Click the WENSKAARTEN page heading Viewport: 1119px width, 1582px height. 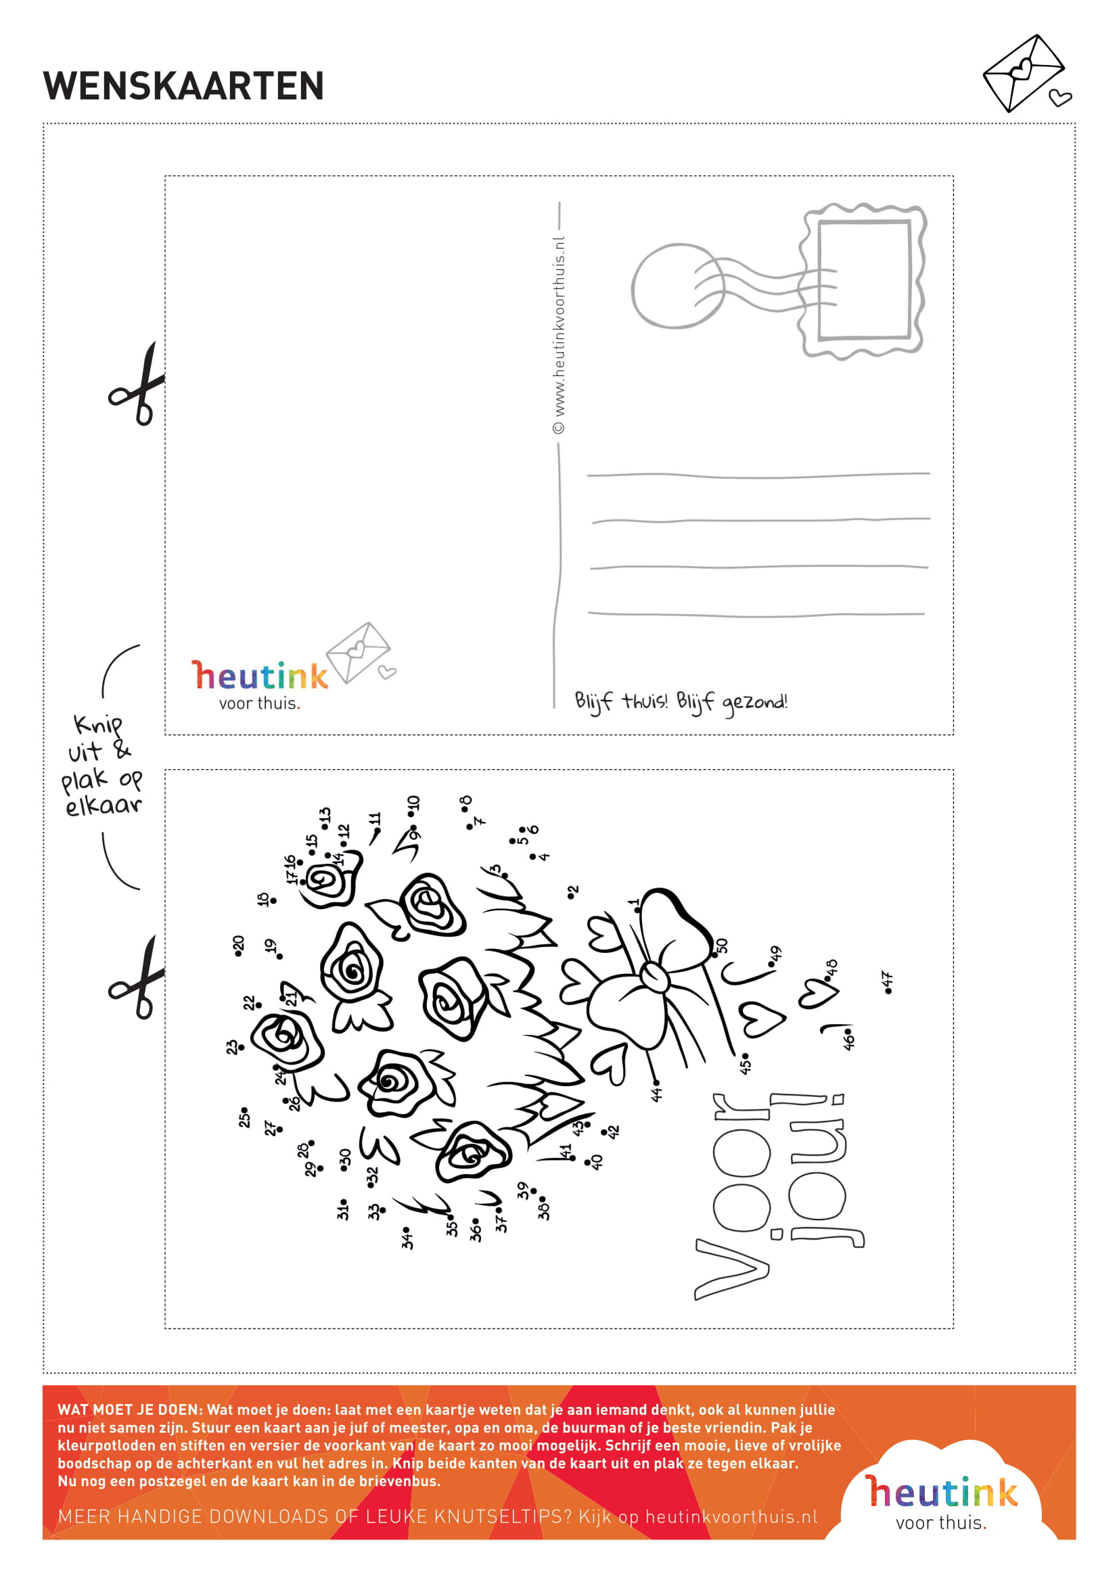[183, 86]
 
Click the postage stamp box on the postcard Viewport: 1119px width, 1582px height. [863, 281]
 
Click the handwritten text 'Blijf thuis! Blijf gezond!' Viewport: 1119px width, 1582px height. [681, 702]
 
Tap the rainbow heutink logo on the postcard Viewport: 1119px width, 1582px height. [259, 684]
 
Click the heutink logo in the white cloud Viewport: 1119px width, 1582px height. [941, 1502]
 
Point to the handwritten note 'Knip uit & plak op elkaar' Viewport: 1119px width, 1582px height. [102, 765]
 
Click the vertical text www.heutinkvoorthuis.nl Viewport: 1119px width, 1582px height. [559, 335]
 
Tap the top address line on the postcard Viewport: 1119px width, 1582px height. [758, 475]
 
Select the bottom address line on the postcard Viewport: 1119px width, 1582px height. [756, 614]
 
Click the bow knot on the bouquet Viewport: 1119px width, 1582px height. [654, 976]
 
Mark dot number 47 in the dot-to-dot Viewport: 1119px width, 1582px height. [888, 991]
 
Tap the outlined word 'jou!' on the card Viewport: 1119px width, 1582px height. [819, 1170]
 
